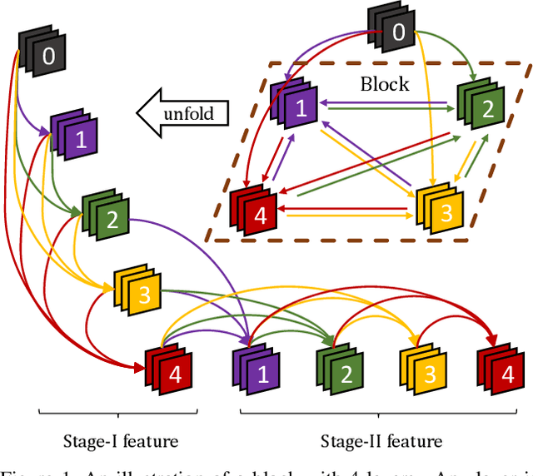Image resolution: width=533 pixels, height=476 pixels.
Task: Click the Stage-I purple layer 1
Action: pos(74,135)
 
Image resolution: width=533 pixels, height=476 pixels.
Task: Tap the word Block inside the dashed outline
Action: pos(384,83)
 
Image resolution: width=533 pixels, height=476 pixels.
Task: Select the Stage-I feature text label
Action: pos(122,441)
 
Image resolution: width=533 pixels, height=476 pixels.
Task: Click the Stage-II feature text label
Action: pos(381,441)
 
